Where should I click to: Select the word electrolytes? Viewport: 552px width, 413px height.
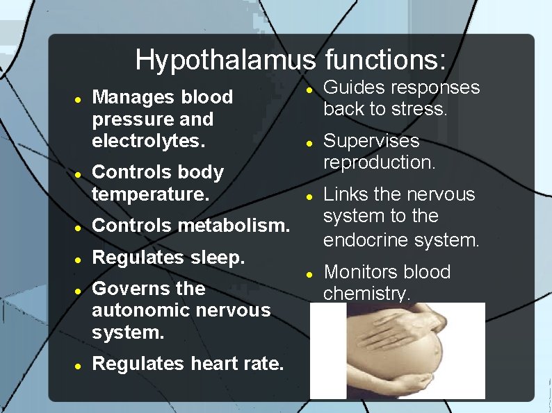149,142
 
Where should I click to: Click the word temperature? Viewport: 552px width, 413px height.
150,195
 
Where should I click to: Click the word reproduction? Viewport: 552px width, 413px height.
380,162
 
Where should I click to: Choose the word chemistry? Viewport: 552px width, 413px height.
367,294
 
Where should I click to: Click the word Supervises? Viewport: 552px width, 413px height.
372,141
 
